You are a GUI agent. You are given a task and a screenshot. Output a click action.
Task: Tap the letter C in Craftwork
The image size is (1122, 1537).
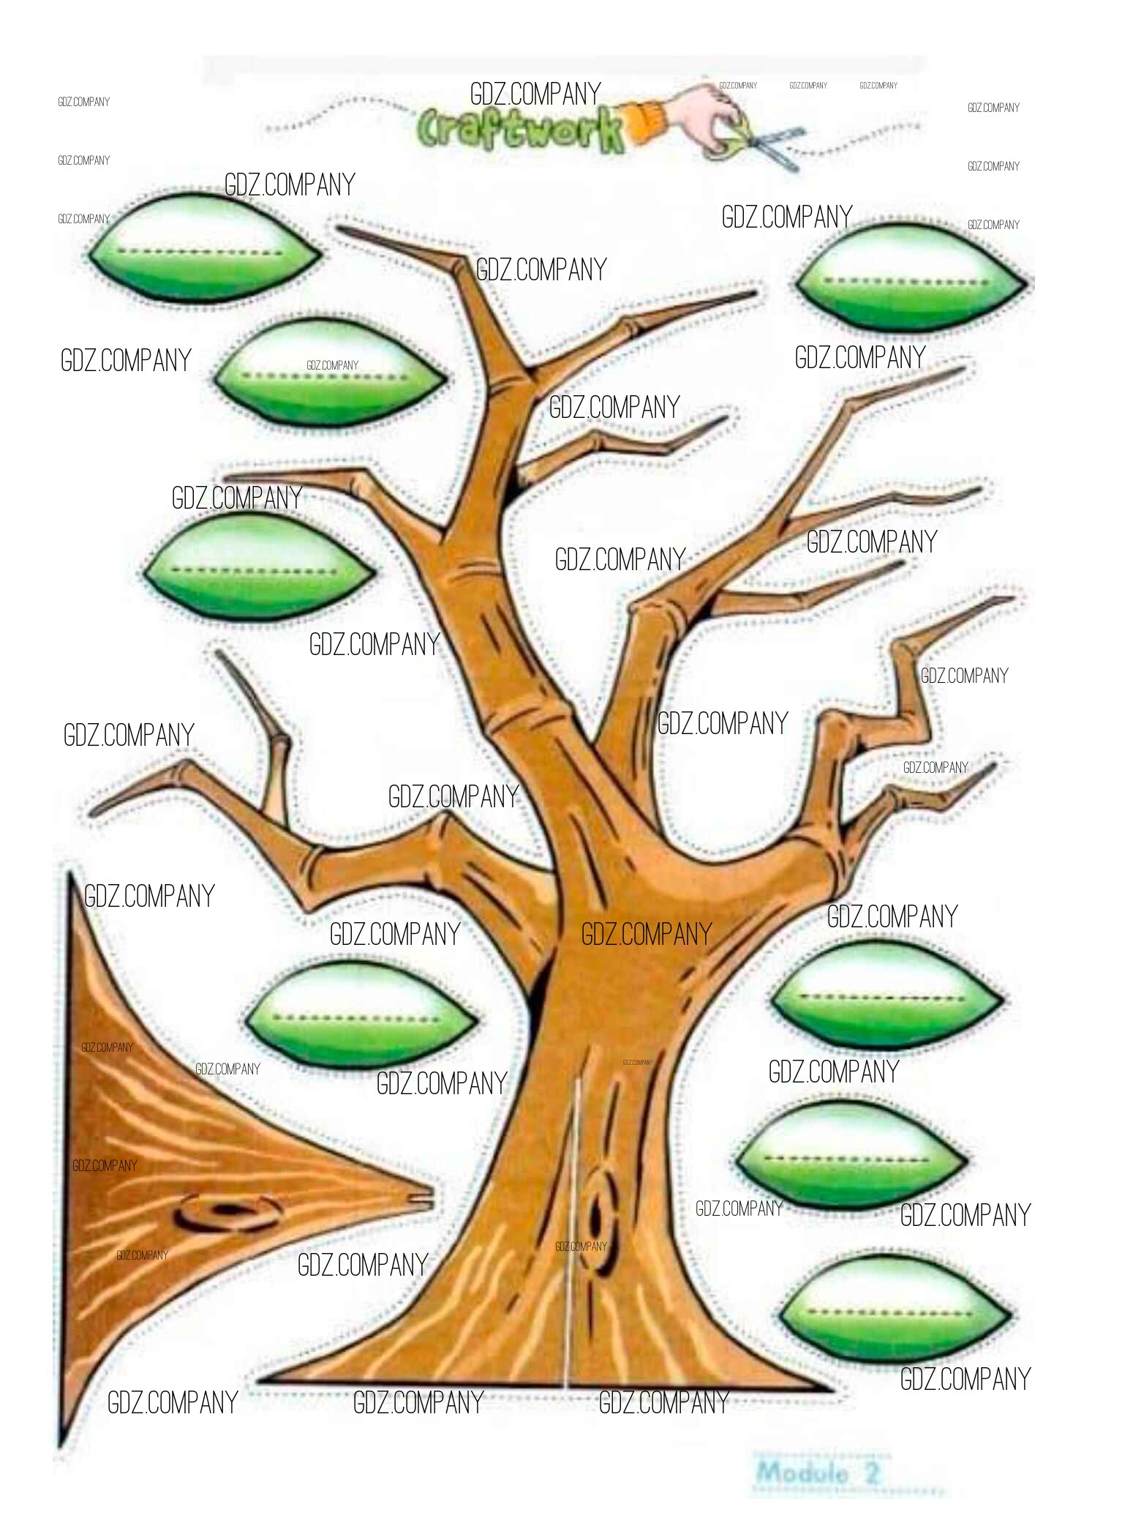pyautogui.click(x=434, y=132)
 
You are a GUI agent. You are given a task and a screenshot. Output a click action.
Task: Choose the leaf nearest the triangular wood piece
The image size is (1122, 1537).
pyautogui.click(x=361, y=1017)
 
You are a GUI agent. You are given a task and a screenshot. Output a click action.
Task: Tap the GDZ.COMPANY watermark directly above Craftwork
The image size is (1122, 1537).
pyautogui.click(x=535, y=94)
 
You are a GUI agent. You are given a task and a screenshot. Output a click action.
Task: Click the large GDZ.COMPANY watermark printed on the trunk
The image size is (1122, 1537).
pyautogui.click(x=647, y=934)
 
